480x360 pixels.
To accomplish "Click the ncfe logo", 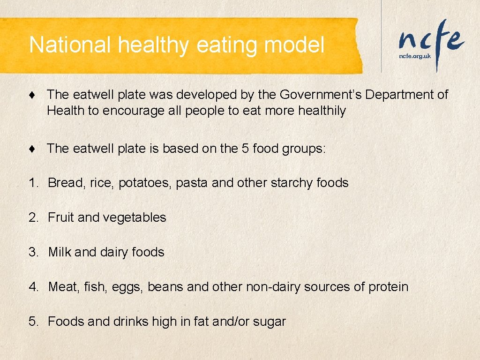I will point(431,40).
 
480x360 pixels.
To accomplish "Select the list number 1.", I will point(33,183).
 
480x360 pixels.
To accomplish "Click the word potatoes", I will point(145,183).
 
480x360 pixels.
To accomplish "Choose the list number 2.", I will point(33,217).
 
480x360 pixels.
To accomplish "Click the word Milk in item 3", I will point(60,252).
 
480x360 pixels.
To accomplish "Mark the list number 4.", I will point(33,287).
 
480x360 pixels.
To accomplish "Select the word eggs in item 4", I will point(127,287).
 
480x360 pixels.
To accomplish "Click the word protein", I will point(388,287).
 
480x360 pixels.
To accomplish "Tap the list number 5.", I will point(33,322).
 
